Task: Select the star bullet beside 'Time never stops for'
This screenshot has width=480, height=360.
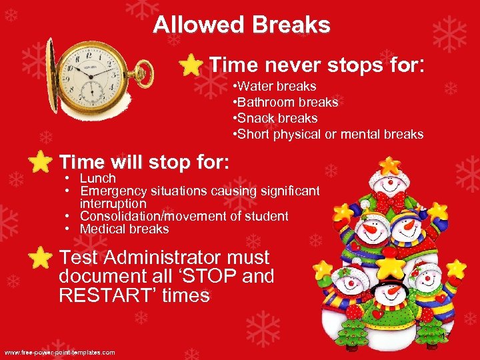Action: click(192, 65)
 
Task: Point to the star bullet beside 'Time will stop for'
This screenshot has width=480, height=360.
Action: click(41, 162)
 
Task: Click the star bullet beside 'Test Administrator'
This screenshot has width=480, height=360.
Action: click(41, 257)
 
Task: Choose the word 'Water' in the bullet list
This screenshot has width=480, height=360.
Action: click(253, 87)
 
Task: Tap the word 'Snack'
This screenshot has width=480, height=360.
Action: click(254, 119)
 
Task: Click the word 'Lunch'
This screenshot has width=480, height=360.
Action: click(98, 179)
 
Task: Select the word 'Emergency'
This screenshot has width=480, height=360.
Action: click(110, 191)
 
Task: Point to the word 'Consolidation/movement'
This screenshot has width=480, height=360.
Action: click(148, 217)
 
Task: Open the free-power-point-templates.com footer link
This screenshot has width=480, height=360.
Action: click(60, 352)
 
